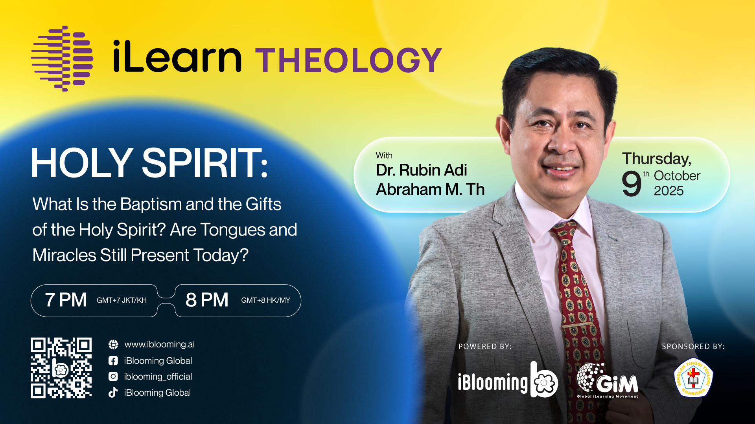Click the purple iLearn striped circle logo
(62, 58)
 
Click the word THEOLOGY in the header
(349, 60)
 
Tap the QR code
(61, 368)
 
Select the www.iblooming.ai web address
(159, 344)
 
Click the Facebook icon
(113, 360)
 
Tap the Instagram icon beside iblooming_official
(113, 376)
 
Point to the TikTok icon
(113, 392)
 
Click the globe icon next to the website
(113, 344)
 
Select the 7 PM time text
(66, 300)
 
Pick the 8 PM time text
(207, 300)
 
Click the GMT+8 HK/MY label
(265, 300)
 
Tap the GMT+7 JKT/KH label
(122, 300)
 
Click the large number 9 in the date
(632, 183)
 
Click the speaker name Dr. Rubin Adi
(421, 170)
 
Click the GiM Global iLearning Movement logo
(608, 380)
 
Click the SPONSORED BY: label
(693, 347)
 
